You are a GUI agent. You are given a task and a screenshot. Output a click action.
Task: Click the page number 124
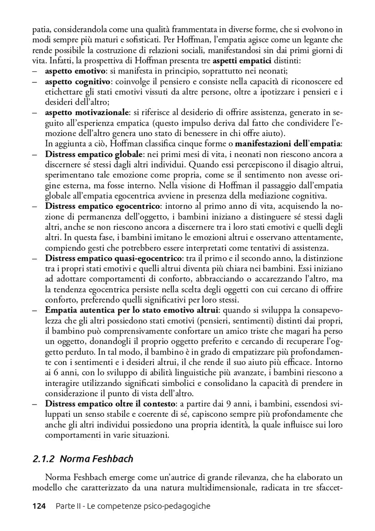tap(39, 506)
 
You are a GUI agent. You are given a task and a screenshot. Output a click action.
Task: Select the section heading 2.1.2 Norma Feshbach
tap(83, 458)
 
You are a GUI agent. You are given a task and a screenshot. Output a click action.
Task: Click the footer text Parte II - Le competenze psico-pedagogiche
tap(133, 506)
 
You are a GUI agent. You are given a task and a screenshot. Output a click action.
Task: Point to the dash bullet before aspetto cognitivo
tap(36, 81)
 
